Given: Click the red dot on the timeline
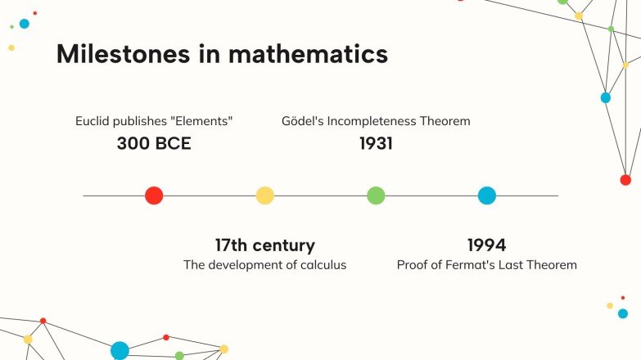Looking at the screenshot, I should [154, 196].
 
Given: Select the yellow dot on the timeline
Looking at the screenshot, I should [264, 196].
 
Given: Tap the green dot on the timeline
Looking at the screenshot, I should [376, 196].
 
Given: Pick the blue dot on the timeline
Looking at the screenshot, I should [487, 196].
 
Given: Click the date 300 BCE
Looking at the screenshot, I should [154, 144].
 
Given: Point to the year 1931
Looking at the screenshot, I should [376, 144].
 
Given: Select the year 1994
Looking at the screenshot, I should [486, 245].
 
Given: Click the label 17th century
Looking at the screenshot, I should [264, 245].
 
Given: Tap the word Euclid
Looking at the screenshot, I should [93, 121].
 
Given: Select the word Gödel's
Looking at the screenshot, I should [302, 121].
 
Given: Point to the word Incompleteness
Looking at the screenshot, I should [372, 121].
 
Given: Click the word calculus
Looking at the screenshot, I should [322, 265].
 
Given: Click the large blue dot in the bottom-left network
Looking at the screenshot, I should [120, 350].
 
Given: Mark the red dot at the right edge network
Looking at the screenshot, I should [625, 180].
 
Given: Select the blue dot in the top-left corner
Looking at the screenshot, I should [24, 24].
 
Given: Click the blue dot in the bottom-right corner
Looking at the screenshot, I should [623, 313].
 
